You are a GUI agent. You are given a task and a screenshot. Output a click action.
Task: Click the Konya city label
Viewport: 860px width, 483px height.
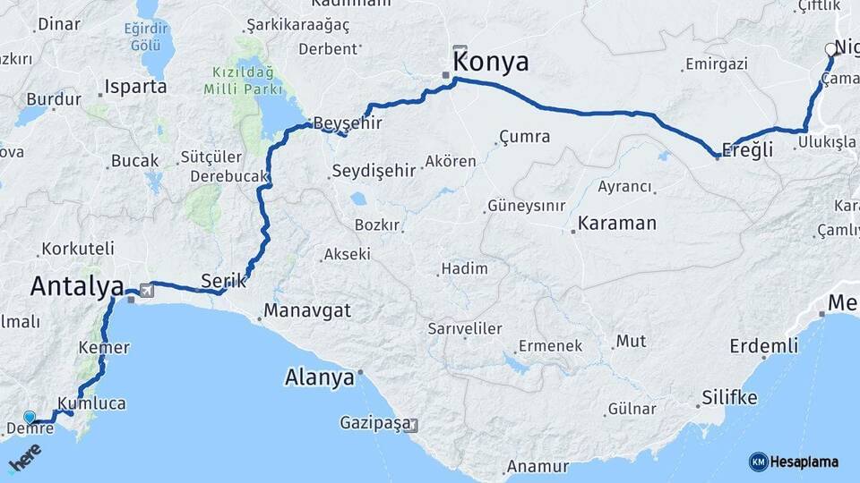tap(491, 63)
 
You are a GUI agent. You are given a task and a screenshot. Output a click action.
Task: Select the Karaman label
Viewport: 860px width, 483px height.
tap(616, 223)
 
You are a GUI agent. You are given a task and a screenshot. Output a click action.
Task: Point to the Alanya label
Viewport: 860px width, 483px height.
tap(320, 377)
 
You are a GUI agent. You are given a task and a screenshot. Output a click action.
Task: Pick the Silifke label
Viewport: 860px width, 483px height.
tap(729, 397)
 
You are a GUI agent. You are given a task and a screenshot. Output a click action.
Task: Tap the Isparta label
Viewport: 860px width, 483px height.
tap(135, 87)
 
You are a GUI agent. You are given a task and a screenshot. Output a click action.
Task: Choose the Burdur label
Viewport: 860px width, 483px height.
tap(54, 99)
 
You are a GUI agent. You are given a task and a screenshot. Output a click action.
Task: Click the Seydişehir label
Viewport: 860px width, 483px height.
tap(373, 170)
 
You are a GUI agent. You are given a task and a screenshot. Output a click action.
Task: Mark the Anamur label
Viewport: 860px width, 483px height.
tap(537, 466)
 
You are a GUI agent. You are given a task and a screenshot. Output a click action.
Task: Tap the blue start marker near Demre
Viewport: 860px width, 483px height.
tap(30, 418)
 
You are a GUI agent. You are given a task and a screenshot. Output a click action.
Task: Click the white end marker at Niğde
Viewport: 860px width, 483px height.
tap(830, 50)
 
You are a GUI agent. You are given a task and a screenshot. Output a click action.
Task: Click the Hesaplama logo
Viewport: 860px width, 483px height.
tap(794, 462)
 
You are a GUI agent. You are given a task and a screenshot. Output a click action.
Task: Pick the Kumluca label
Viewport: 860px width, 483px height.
tap(91, 402)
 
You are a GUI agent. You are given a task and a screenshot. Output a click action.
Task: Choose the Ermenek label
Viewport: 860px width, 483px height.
tap(550, 345)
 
